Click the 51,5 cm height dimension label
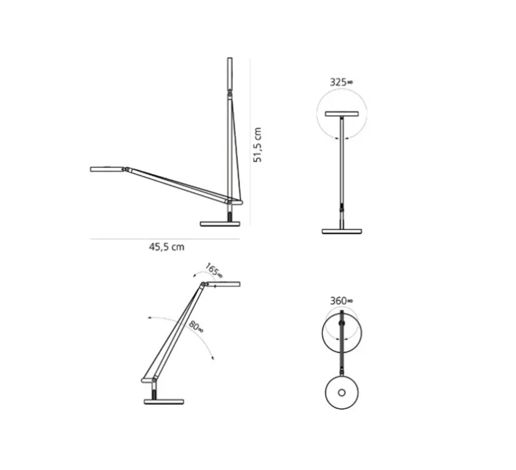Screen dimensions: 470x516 [x=257, y=144]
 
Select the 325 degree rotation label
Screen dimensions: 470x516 [x=341, y=82]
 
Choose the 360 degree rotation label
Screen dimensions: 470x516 [x=341, y=301]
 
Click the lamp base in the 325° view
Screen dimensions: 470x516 [x=341, y=230]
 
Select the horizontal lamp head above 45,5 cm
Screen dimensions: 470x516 [x=107, y=168]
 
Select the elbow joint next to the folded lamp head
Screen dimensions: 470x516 [x=126, y=168]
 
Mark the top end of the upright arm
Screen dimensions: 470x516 [x=230, y=60]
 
